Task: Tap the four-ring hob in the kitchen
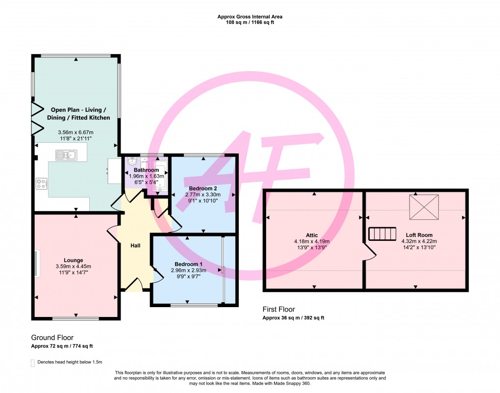(42, 184)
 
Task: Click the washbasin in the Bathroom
(132, 162)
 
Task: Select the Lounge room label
(73, 260)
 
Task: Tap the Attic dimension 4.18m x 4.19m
(311, 241)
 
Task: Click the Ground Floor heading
(52, 338)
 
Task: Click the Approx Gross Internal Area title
(250, 17)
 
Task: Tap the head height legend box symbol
(33, 363)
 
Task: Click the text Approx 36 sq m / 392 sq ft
(294, 318)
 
